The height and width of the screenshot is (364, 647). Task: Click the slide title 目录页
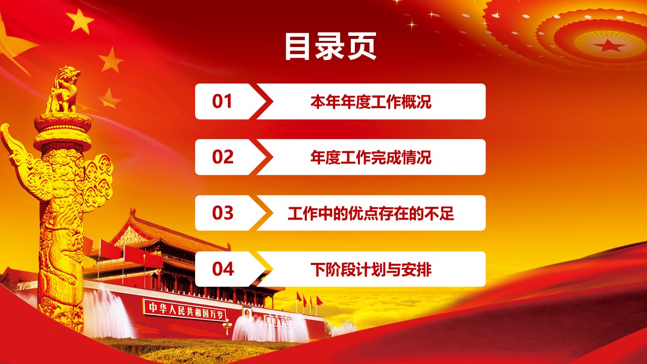(x=331, y=46)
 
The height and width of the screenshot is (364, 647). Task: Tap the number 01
(x=222, y=102)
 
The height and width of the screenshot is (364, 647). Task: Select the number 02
(x=222, y=157)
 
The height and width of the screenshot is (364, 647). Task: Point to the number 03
(x=222, y=213)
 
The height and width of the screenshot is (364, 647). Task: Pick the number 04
(x=223, y=269)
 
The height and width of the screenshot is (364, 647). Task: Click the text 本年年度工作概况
(x=371, y=102)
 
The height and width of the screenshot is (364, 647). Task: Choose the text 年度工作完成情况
(x=371, y=157)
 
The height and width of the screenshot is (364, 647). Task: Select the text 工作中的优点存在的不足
(x=371, y=213)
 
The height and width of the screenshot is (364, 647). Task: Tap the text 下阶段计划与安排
(x=371, y=269)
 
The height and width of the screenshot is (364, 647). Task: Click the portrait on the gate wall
(x=247, y=313)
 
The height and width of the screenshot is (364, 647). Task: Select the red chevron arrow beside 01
(x=261, y=102)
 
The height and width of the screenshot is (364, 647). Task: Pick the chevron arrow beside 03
(x=261, y=213)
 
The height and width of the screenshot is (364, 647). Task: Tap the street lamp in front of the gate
(x=227, y=327)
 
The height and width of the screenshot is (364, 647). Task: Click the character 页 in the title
(x=361, y=46)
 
